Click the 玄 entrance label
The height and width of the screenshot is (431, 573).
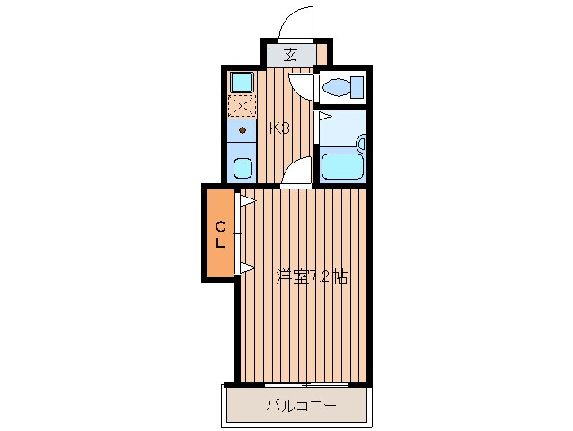tap(290, 55)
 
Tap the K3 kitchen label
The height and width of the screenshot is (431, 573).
tap(279, 128)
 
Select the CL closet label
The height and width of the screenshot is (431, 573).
tap(220, 235)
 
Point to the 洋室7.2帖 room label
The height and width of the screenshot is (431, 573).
tap(312, 277)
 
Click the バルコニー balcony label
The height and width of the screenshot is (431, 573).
tap(301, 406)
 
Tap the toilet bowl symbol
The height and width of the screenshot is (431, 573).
tap(343, 87)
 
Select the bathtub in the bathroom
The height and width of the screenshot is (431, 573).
tap(342, 166)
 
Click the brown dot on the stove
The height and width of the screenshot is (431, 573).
tap(242, 129)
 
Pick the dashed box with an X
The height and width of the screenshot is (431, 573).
tap(242, 106)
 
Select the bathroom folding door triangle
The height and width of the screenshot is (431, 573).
tap(325, 117)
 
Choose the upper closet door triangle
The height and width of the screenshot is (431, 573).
tap(247, 200)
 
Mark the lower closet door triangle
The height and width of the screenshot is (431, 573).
tap(247, 268)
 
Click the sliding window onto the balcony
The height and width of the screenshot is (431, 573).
tap(306, 384)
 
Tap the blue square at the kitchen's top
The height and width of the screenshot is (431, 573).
tap(242, 82)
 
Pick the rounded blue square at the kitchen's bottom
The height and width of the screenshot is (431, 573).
tap(243, 169)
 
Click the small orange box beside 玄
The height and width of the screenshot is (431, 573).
tap(322, 54)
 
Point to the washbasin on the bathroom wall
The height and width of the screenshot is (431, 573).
tap(361, 143)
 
